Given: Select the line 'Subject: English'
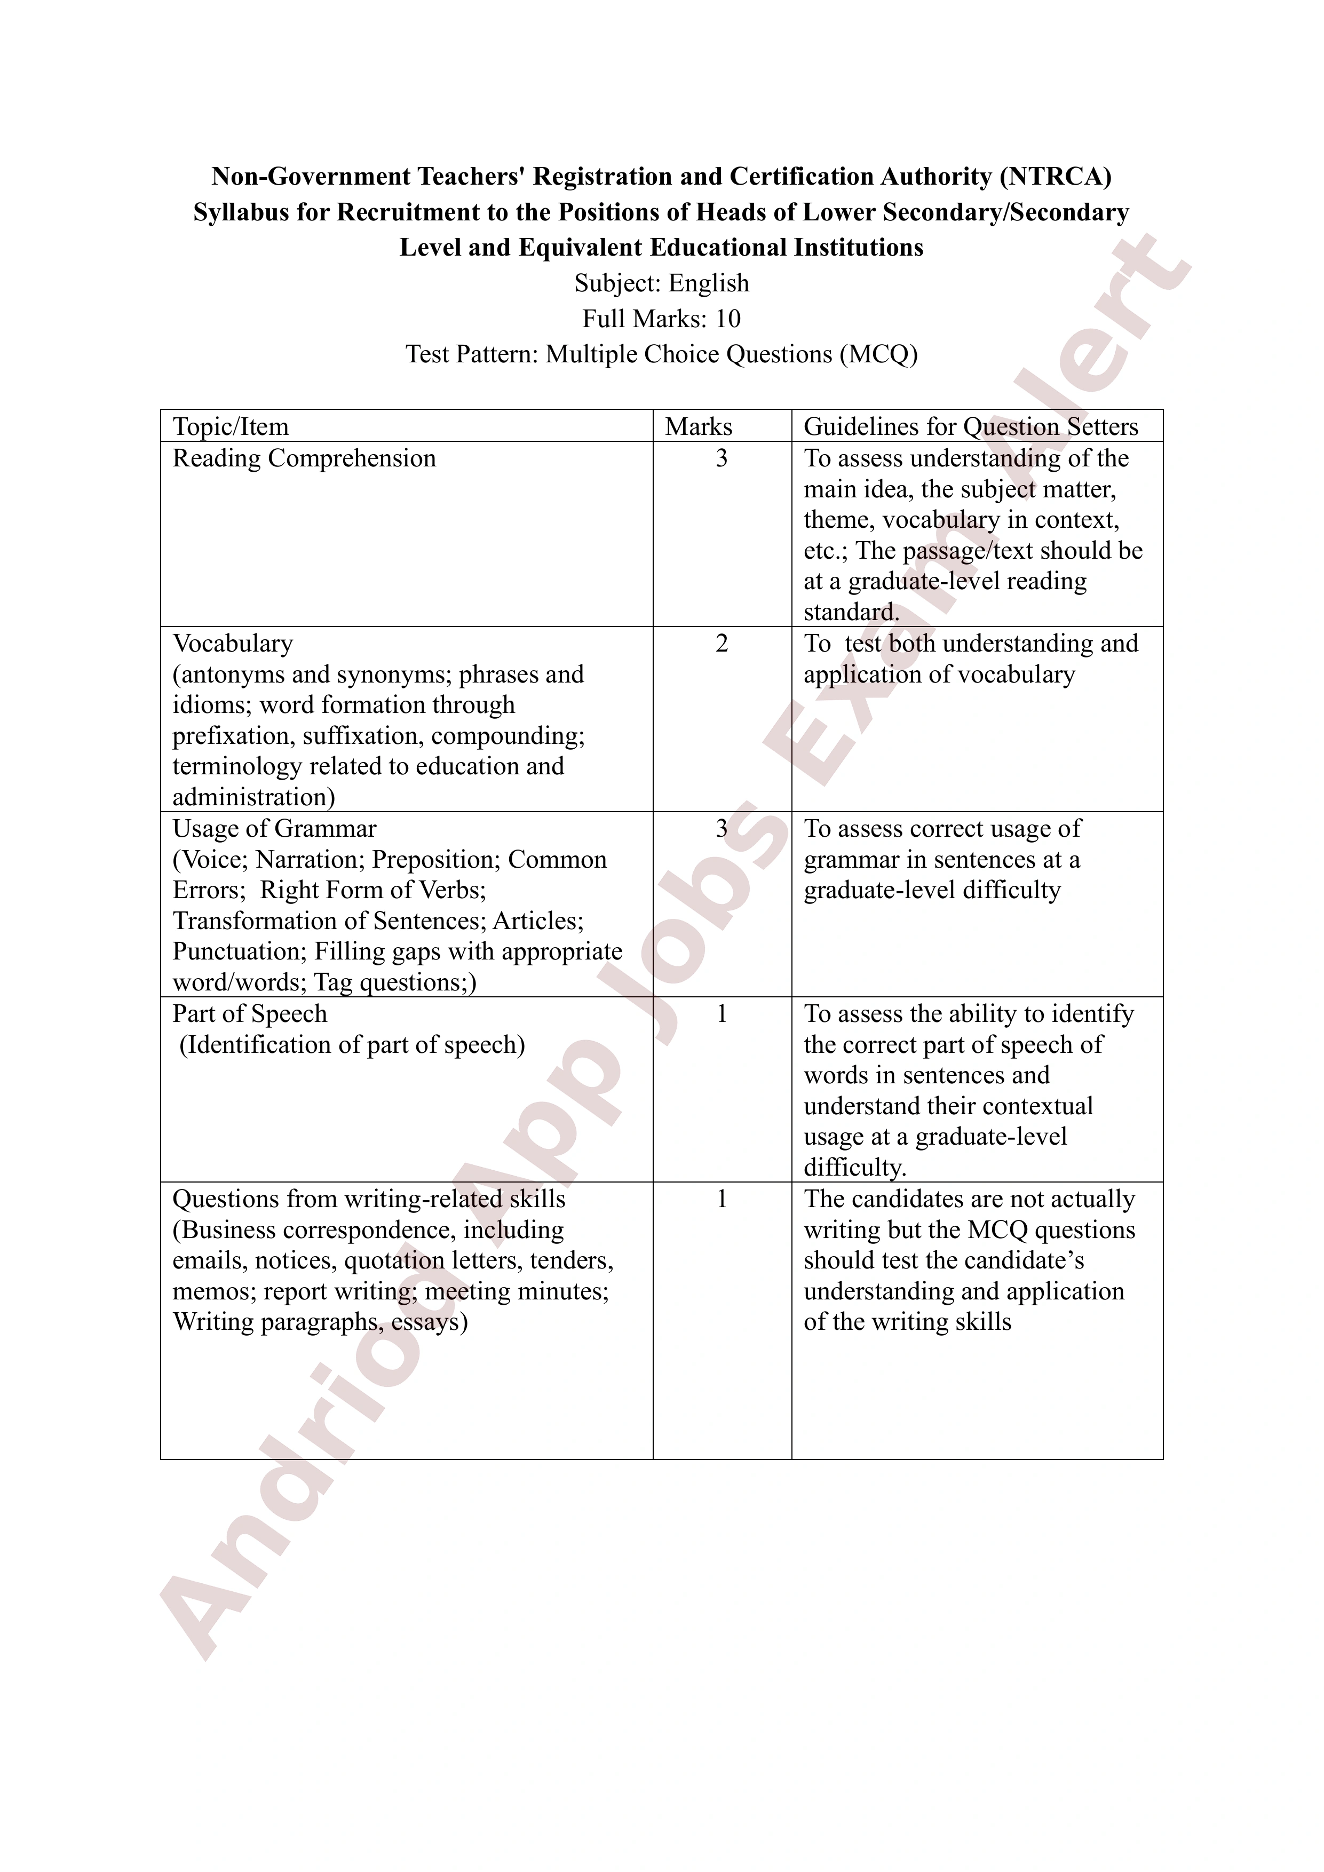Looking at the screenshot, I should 661,283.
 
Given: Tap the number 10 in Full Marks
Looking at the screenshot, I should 727,318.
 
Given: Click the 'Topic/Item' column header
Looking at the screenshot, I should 230,426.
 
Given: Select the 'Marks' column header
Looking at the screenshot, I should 698,426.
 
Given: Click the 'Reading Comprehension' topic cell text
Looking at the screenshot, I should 304,458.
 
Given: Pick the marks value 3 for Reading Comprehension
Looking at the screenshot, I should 722,458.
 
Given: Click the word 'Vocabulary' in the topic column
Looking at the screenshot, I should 232,643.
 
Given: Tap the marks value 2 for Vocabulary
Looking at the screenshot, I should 722,643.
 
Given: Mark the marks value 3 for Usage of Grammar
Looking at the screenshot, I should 722,828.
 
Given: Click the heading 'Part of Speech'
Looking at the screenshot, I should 249,1013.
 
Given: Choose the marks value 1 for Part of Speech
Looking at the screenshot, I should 722,1013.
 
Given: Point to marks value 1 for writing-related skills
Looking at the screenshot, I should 722,1199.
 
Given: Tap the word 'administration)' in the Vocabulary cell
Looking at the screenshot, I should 253,797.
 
